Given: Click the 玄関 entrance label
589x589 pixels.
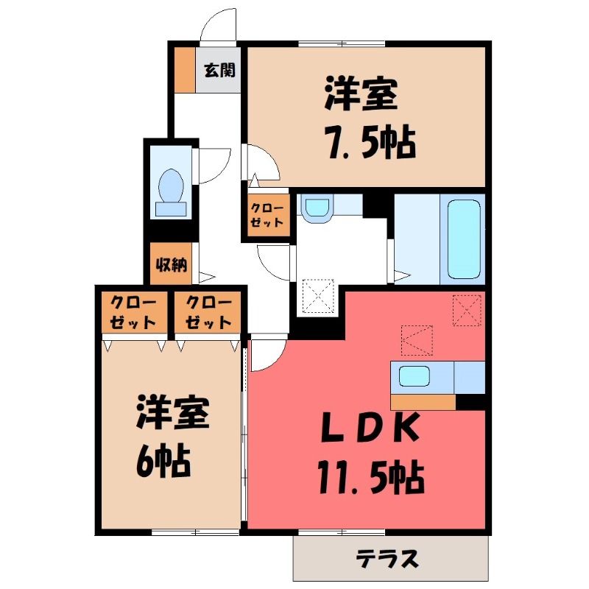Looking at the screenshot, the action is [x=219, y=70].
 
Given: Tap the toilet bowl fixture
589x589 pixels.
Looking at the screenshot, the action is [x=172, y=192].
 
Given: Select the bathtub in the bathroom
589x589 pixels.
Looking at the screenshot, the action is [x=465, y=239].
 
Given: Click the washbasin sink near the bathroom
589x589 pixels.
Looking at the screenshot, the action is [x=317, y=208].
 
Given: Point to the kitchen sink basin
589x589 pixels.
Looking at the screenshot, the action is [x=415, y=376].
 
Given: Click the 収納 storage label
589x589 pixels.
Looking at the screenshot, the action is [x=172, y=265].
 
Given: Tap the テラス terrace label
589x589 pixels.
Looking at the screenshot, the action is [x=387, y=558].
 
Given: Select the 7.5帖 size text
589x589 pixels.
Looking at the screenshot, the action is [x=372, y=144].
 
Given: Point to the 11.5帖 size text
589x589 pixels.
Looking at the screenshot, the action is [x=372, y=477].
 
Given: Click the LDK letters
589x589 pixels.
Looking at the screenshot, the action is [x=370, y=428].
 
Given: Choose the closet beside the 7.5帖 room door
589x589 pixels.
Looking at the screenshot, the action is [x=267, y=215].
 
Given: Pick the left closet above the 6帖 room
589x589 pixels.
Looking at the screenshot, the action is [x=134, y=312].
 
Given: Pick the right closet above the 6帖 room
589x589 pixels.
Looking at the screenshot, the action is [x=208, y=312].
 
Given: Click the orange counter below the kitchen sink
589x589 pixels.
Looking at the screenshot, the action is [x=423, y=402].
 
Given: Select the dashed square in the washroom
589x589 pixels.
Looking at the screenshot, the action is [x=318, y=296].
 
